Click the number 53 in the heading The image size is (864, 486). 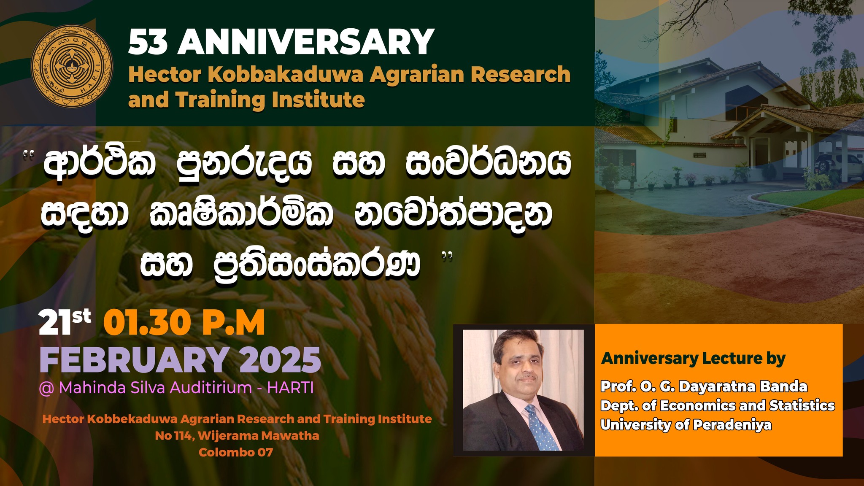click(148, 42)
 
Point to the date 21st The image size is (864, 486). click(65, 323)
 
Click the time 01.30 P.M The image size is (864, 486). click(184, 323)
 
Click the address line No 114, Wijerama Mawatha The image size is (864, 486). click(237, 435)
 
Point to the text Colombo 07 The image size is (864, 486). click(236, 452)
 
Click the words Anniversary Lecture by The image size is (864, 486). click(693, 359)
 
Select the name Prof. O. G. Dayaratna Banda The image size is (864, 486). click(704, 386)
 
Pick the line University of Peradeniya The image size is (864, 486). click(686, 424)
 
